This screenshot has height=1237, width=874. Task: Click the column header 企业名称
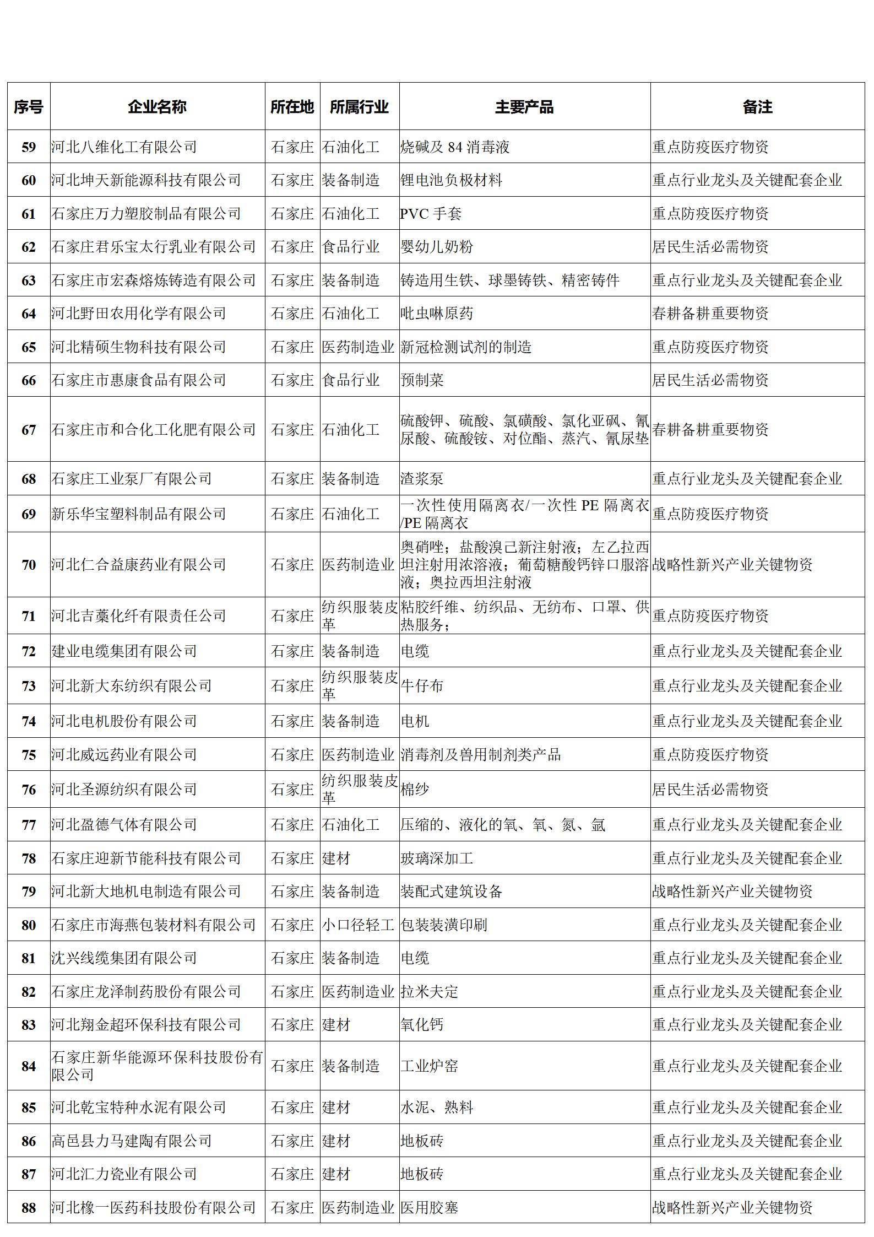(x=157, y=106)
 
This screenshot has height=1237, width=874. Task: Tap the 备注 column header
(x=757, y=106)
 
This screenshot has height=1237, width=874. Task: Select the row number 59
(x=29, y=147)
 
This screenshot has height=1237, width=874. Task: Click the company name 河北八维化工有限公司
(x=124, y=147)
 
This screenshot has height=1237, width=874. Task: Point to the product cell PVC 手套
(x=431, y=214)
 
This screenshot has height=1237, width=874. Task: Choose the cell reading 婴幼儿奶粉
(x=437, y=247)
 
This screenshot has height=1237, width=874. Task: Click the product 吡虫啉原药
(x=437, y=314)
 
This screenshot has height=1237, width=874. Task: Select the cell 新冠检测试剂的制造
(x=466, y=347)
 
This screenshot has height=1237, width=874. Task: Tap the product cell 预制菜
(x=422, y=380)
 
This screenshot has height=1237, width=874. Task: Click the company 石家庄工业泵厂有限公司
(x=132, y=479)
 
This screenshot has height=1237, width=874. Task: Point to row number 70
(x=29, y=565)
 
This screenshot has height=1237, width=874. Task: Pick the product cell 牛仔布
(x=422, y=686)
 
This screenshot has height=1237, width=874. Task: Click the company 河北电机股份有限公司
(x=124, y=721)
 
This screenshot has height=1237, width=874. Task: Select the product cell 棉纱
(x=415, y=790)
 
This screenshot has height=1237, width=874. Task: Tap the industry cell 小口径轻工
(x=358, y=925)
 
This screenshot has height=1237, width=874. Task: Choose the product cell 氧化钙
(x=422, y=1025)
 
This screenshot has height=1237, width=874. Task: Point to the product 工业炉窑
(x=429, y=1066)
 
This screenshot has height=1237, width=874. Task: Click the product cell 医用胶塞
(x=429, y=1208)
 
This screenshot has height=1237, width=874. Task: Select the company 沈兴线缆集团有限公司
(x=124, y=958)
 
